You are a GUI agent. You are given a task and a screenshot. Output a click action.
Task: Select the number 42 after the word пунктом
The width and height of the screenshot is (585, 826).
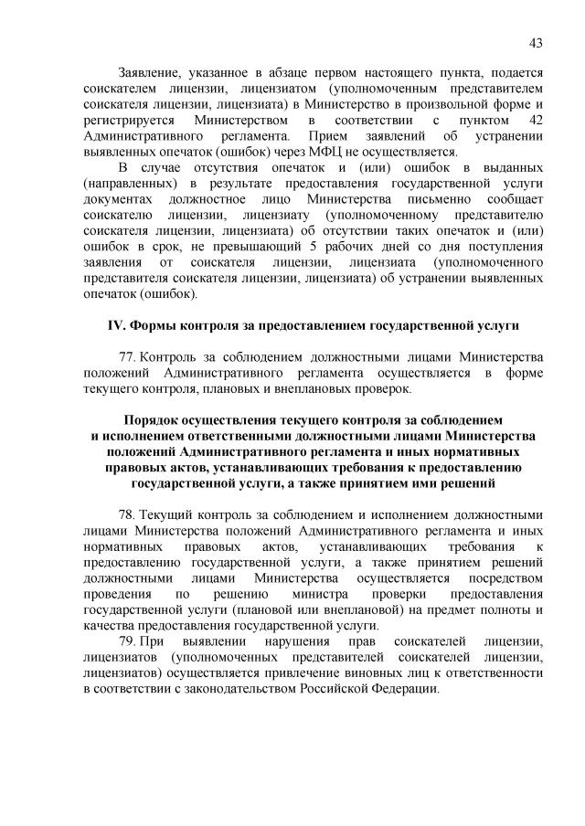(533, 121)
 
